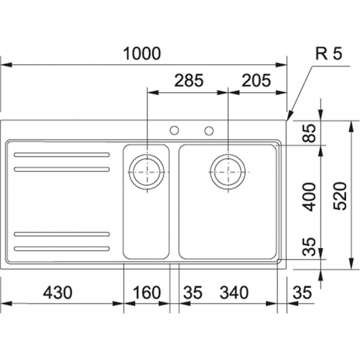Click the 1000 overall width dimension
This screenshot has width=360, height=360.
click(x=142, y=53)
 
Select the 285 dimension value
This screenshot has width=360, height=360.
click(x=189, y=80)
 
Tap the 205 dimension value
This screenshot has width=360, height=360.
click(x=256, y=80)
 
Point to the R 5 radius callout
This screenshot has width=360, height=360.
click(x=328, y=53)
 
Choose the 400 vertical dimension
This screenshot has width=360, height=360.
click(x=309, y=196)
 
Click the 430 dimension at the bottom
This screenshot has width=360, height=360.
click(x=57, y=293)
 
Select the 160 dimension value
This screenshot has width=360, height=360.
click(x=147, y=293)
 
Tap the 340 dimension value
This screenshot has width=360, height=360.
click(x=234, y=293)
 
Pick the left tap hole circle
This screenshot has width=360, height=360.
click(x=174, y=131)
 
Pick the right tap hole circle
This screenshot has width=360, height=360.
click(x=209, y=131)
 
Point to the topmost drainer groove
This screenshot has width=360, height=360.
click(x=62, y=155)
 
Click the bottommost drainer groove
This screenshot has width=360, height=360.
click(x=62, y=249)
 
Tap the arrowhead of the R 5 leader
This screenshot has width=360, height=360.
click(x=289, y=117)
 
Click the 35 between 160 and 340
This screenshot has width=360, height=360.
click(x=193, y=293)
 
